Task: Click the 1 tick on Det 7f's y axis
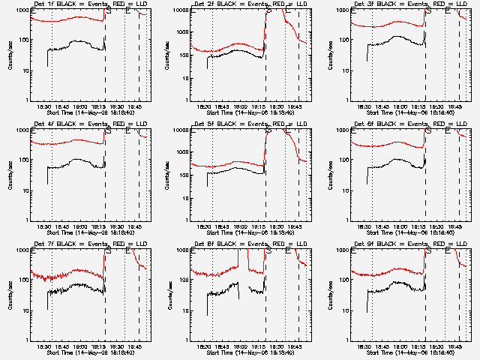click(x=27, y=340)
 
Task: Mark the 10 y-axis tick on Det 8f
click(x=184, y=310)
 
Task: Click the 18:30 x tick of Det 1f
click(x=45, y=106)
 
